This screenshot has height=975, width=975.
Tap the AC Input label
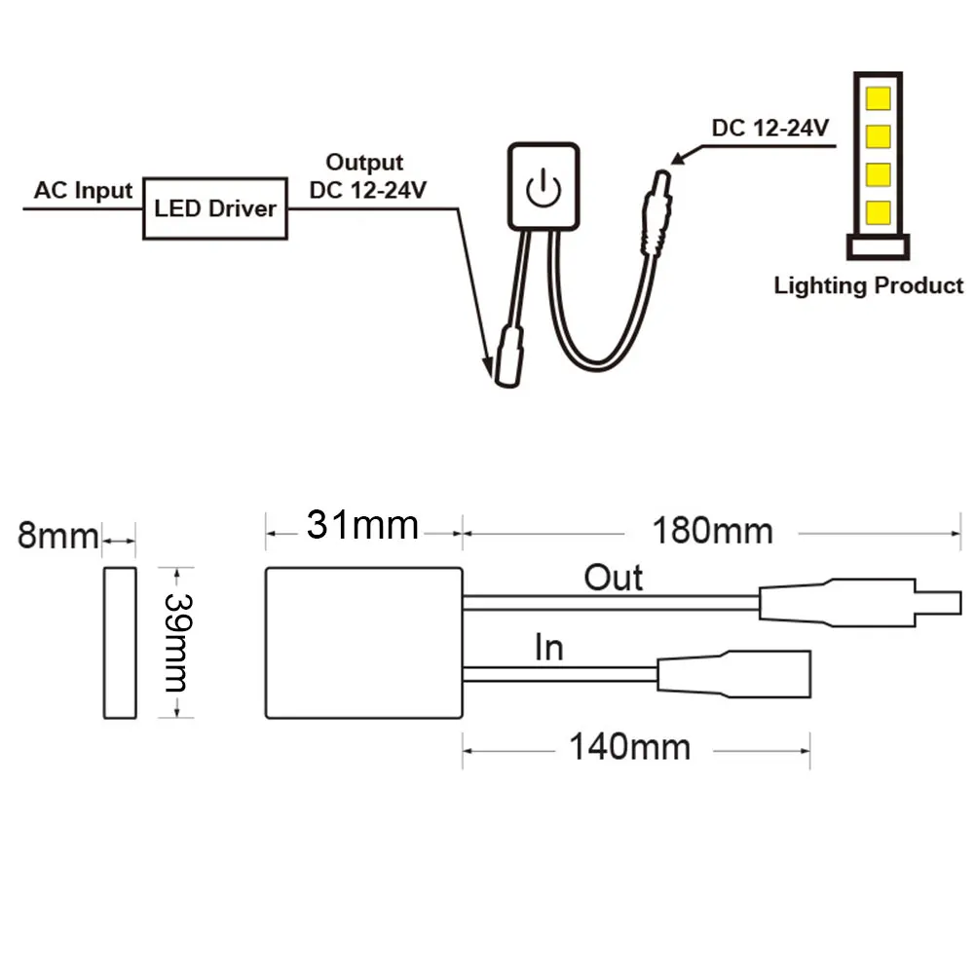click(84, 190)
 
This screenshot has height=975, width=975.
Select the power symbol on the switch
click(544, 188)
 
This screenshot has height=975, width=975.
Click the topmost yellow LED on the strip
click(878, 98)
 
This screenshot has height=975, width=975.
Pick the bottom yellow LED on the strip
click(878, 212)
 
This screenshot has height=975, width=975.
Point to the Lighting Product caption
click(868, 285)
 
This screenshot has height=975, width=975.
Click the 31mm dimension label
click(362, 525)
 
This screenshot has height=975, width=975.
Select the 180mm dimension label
click(713, 532)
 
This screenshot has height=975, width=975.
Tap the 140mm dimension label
click(630, 747)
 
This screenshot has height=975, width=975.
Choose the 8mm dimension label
click(57, 536)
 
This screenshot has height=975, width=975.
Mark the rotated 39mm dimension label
click(178, 642)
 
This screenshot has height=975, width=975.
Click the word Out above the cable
click(613, 578)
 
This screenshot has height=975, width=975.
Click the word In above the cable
click(549, 648)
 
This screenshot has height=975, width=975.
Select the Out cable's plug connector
click(860, 603)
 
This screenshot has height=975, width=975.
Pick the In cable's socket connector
click(734, 674)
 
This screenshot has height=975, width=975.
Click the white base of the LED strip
click(878, 246)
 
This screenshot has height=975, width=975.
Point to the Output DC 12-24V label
click(367, 176)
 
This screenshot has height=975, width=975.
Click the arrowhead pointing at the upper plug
click(678, 158)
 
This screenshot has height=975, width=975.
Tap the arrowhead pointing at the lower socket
click(489, 367)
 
